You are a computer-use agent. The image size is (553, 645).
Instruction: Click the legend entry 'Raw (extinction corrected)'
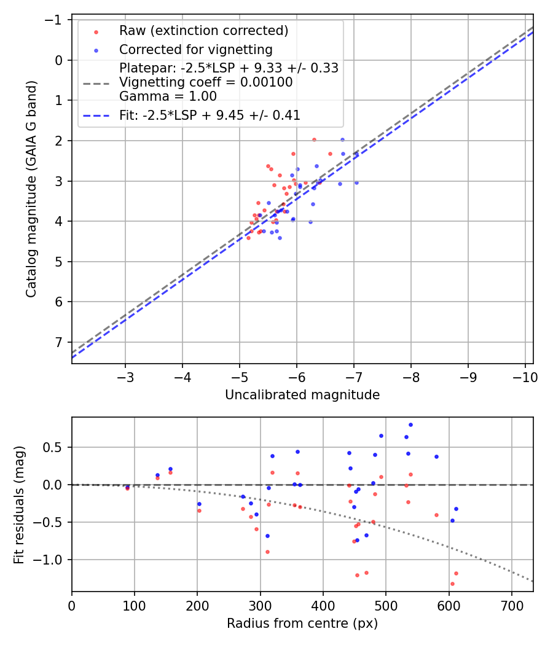pyautogui.click(x=203, y=31)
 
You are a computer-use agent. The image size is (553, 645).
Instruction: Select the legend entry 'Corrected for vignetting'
pyautogui.click(x=195, y=49)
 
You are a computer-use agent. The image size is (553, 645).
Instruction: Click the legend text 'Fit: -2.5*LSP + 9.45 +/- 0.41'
pyautogui.click(x=210, y=115)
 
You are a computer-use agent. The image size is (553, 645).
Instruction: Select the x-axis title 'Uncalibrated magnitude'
pyautogui.click(x=302, y=395)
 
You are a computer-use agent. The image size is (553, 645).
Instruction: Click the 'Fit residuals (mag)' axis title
pyautogui.click(x=19, y=504)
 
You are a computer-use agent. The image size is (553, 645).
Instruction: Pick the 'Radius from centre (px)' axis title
pyautogui.click(x=302, y=623)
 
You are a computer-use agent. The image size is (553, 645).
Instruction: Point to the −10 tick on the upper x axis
pyautogui.click(x=525, y=376)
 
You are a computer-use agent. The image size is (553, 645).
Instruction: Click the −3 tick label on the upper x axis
pyautogui.click(x=125, y=376)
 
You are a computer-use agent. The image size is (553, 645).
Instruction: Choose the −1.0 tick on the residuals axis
pyautogui.click(x=50, y=560)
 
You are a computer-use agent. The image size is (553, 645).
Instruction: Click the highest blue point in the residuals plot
pyautogui.click(x=410, y=424)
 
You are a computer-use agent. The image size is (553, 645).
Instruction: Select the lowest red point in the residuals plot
pyautogui.click(x=452, y=584)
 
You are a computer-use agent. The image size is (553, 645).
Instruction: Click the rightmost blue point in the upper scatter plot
pyautogui.click(x=356, y=182)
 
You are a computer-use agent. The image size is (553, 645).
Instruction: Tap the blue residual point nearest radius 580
pyautogui.click(x=436, y=456)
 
